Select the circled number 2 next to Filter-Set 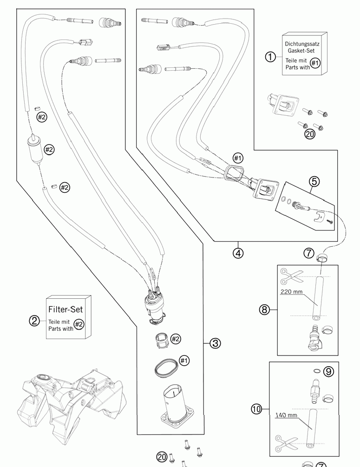click(x=34, y=320)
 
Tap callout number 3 click(x=215, y=343)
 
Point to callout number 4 click(x=238, y=253)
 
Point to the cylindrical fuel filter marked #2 click(x=35, y=150)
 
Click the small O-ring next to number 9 click(x=316, y=371)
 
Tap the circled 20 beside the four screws click(x=310, y=134)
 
